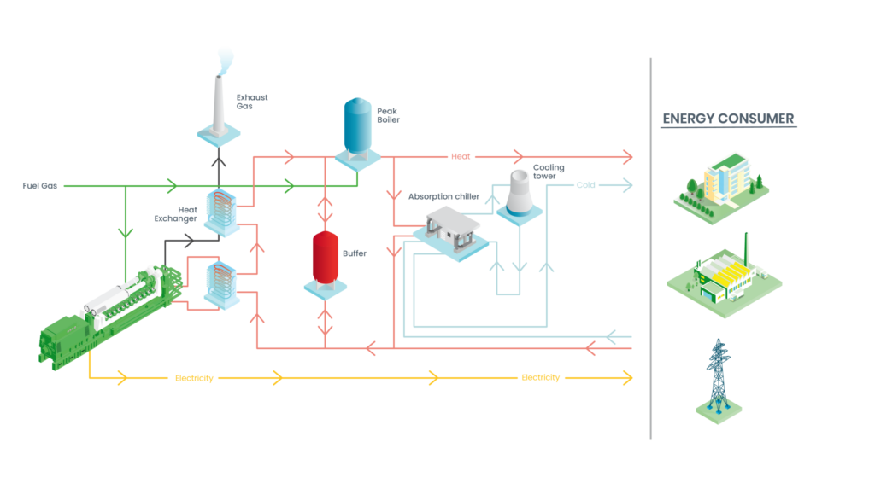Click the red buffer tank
point(326,254)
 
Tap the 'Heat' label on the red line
point(461,156)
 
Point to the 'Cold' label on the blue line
point(585,184)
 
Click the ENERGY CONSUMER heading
point(729,119)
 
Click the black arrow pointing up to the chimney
point(220,160)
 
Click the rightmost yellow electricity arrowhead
point(630,378)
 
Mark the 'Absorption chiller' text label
point(443,196)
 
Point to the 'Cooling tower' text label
point(549,172)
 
